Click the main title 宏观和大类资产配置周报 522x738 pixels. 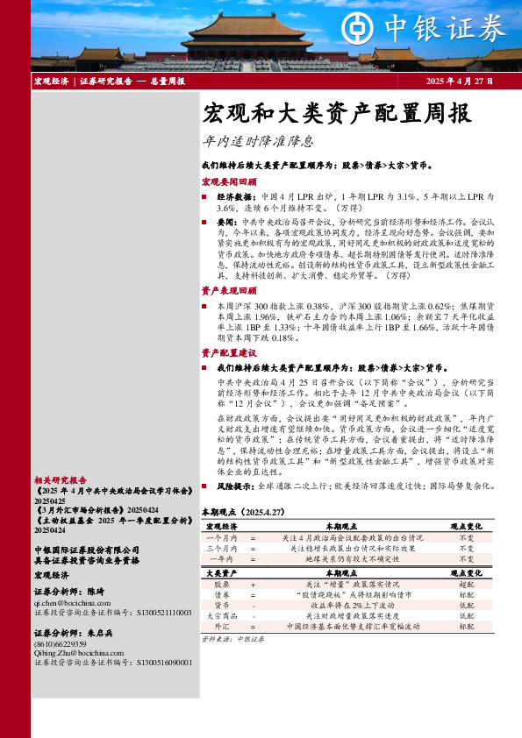(337, 113)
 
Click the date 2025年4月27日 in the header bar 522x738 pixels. (459, 81)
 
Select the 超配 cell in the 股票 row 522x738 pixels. (467, 583)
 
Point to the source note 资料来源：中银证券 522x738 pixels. (233, 640)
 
